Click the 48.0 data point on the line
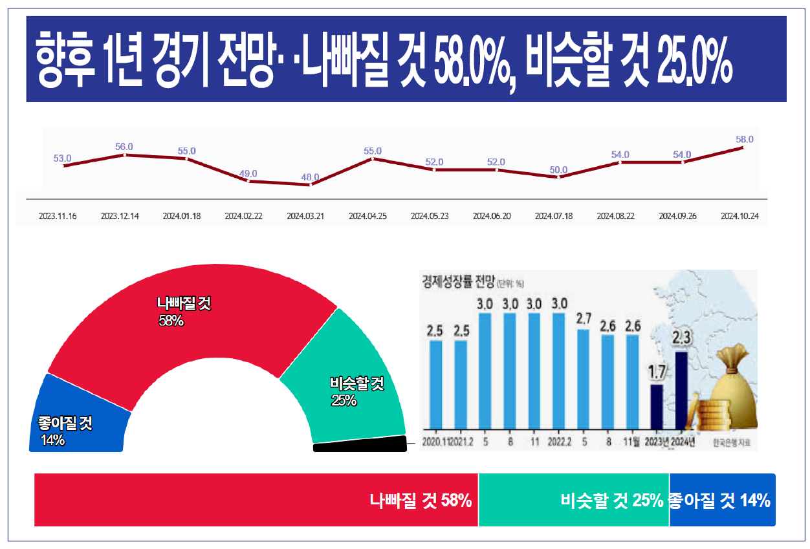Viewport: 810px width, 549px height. click(x=311, y=184)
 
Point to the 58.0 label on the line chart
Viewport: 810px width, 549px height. click(x=745, y=139)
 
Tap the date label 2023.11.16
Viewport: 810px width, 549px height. click(x=58, y=216)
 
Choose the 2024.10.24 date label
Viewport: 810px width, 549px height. click(x=739, y=216)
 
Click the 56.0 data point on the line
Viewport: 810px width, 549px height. click(x=124, y=155)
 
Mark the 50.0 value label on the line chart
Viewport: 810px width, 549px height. click(x=559, y=170)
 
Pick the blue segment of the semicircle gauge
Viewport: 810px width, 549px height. click(x=78, y=420)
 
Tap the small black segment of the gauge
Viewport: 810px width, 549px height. click(x=359, y=444)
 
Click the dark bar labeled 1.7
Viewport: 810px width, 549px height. click(x=657, y=407)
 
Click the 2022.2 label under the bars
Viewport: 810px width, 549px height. click(x=559, y=442)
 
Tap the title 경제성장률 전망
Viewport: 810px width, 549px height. click(x=457, y=281)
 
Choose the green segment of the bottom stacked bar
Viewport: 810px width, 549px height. click(x=573, y=500)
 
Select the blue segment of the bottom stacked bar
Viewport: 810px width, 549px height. click(x=721, y=500)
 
